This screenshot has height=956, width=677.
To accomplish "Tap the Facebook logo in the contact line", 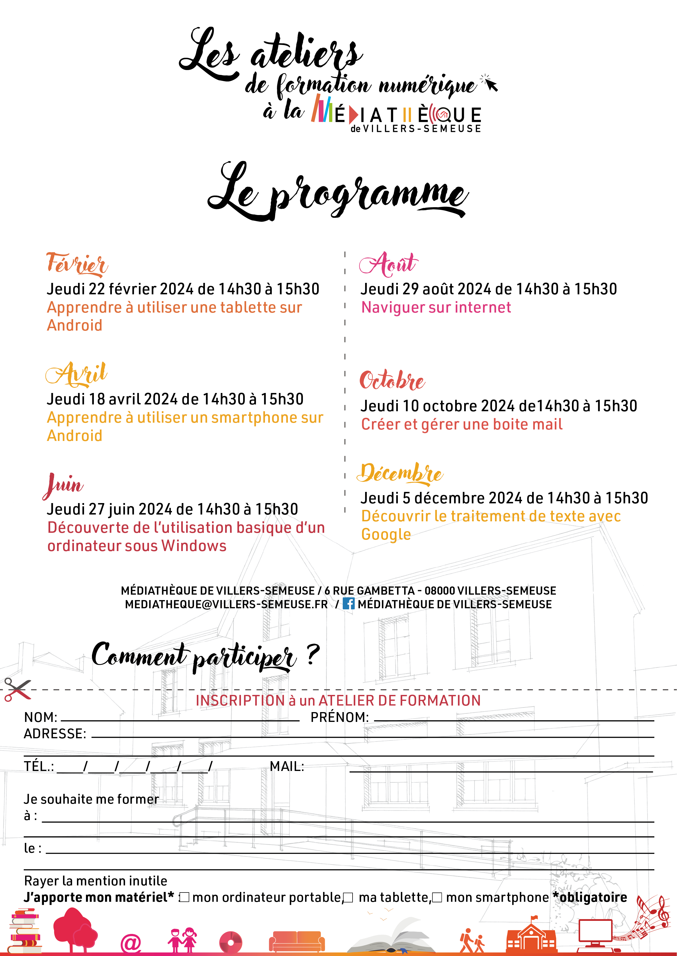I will tap(348, 603).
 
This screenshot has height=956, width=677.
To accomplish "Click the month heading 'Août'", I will tap(389, 264).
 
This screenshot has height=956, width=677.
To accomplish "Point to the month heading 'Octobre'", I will tap(392, 380).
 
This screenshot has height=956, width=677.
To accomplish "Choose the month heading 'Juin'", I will tap(63, 485).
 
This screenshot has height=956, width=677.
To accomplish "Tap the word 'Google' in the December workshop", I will tap(386, 534).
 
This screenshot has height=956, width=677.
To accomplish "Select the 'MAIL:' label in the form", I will tap(287, 766).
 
